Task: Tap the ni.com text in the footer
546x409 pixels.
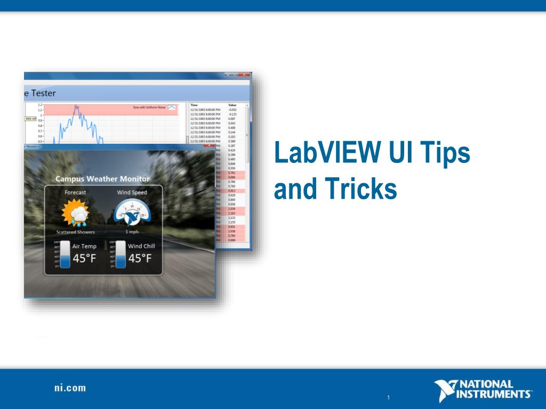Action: click(70, 388)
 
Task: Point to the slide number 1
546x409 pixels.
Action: click(389, 397)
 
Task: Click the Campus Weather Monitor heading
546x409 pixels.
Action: click(103, 179)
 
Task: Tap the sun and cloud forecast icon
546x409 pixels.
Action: click(75, 212)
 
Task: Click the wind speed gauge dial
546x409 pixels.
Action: click(132, 212)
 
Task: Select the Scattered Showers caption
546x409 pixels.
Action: click(75, 232)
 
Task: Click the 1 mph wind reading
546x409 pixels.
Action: click(132, 232)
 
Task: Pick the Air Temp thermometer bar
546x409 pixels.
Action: click(65, 255)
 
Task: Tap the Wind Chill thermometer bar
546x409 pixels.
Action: click(121, 255)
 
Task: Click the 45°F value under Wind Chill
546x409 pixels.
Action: click(140, 259)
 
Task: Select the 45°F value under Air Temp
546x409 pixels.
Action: click(84, 259)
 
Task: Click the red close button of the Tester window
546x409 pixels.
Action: click(244, 75)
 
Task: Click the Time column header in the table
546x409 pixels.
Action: click(194, 105)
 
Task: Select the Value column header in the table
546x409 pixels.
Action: click(232, 105)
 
